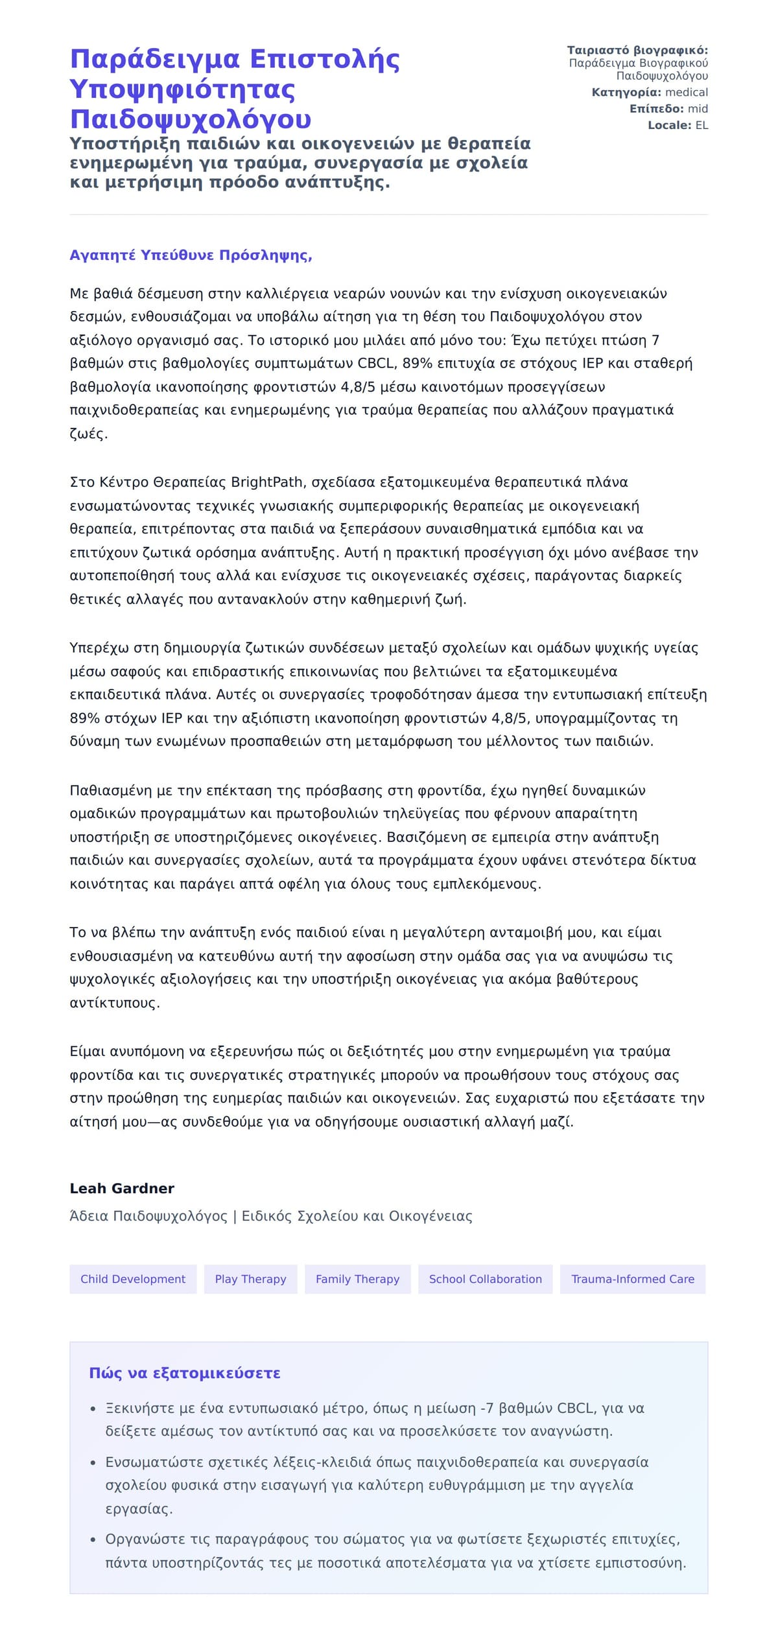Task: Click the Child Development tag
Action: [133, 1279]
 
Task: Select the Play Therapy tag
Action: [250, 1279]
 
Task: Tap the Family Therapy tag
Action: [357, 1279]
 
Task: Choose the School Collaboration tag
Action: [485, 1279]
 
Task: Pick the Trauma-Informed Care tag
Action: [632, 1279]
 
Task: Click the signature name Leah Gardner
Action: [122, 1188]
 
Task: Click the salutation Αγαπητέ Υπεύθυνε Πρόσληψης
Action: [191, 255]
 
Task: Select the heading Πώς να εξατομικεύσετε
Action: [185, 1373]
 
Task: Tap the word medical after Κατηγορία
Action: [687, 93]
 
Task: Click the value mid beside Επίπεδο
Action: [698, 109]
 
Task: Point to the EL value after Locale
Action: [701, 125]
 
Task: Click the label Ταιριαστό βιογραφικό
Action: [637, 51]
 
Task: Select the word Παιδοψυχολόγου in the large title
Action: [191, 119]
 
